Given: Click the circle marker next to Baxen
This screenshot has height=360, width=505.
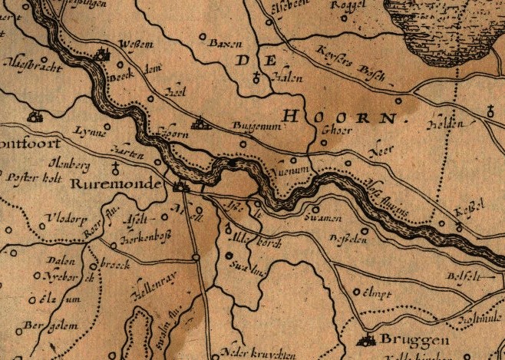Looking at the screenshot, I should click(x=203, y=36).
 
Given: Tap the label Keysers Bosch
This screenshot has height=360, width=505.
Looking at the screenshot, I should click(x=350, y=66).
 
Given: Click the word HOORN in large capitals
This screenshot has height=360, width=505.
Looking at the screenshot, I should click(x=342, y=117).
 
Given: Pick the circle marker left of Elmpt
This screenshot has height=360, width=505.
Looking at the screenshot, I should click(x=355, y=292).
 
